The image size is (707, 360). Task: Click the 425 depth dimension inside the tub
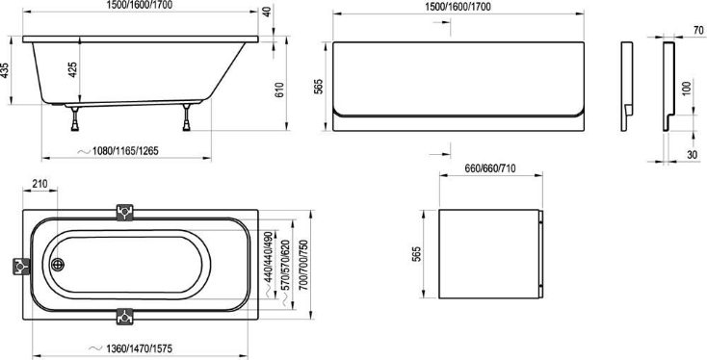[x=73, y=70]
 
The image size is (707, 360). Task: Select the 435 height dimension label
[x=5, y=70]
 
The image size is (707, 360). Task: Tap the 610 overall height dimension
[x=279, y=90]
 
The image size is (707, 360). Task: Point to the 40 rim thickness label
[x=268, y=12]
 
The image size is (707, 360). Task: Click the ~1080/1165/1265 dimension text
[x=118, y=151]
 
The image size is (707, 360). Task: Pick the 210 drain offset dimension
[x=40, y=184]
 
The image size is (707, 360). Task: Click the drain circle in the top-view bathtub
[x=58, y=265]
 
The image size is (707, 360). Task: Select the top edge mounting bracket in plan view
[x=125, y=212]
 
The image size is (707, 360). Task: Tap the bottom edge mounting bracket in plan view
[x=125, y=317]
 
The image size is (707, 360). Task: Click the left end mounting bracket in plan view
[x=21, y=267]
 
